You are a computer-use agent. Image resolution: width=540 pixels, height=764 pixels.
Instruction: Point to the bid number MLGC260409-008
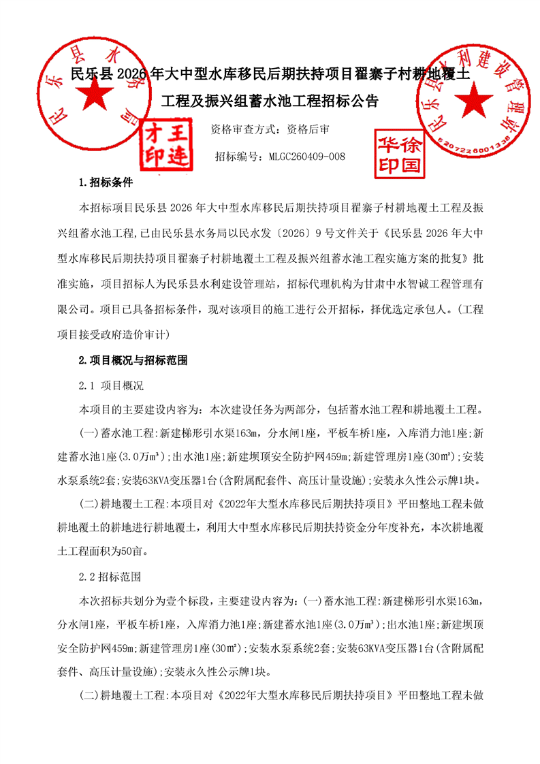308,157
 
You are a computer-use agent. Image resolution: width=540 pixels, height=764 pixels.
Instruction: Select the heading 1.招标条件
107,183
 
